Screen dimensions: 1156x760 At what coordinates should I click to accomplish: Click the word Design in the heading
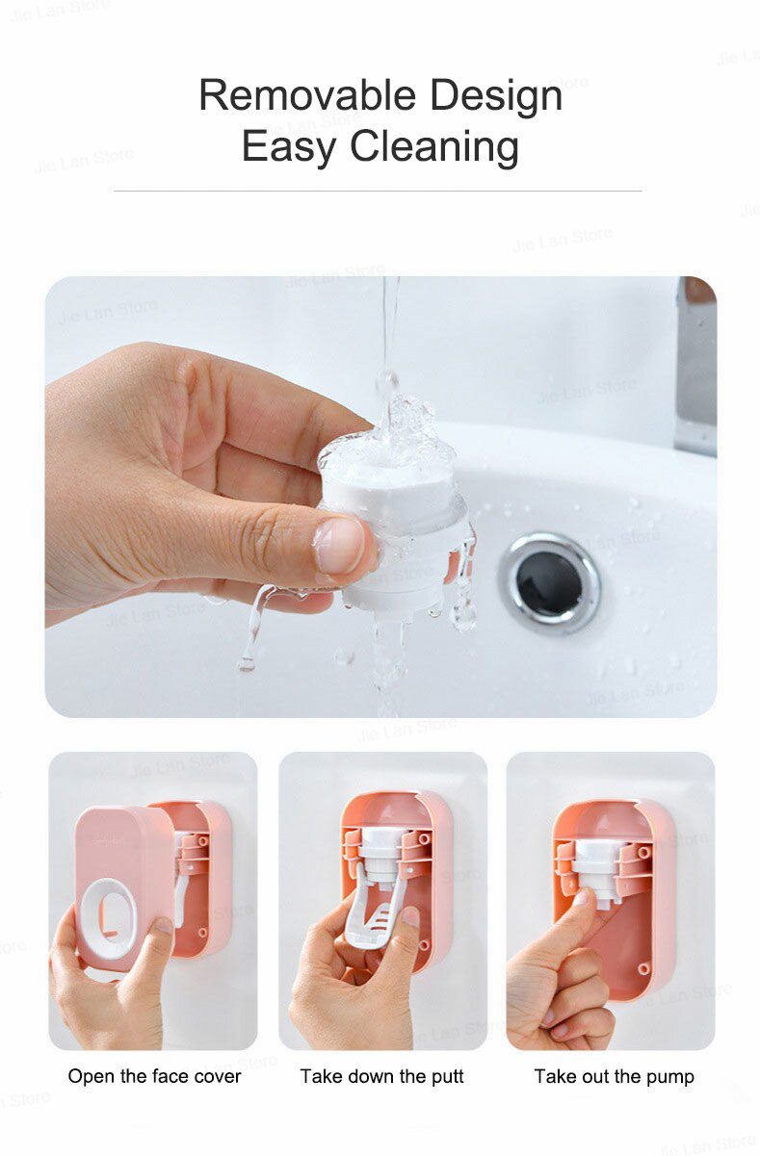point(496,96)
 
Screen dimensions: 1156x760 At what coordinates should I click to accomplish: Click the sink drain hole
point(549,580)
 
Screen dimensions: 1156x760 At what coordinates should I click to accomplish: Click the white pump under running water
point(395,520)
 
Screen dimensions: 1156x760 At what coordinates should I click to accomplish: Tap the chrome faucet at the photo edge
point(696,366)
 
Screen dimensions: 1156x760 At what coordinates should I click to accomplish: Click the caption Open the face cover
point(154,1076)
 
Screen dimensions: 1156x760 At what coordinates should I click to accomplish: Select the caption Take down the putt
point(381,1076)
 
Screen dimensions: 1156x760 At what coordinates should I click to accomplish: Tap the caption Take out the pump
point(614,1076)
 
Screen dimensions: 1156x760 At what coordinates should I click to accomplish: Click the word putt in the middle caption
point(446,1076)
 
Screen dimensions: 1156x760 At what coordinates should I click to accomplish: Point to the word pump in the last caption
point(671,1077)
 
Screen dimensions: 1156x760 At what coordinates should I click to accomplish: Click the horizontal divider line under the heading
point(378,191)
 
